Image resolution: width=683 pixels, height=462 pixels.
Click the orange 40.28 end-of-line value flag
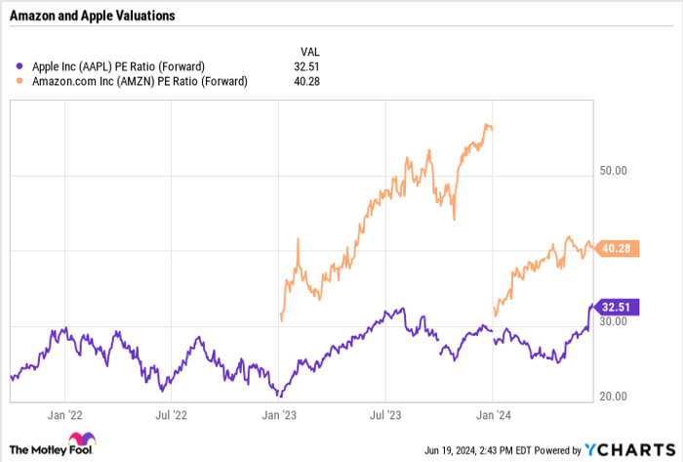click(619, 249)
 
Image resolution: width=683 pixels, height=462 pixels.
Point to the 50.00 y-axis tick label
click(616, 170)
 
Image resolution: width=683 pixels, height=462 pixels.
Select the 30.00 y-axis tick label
click(616, 321)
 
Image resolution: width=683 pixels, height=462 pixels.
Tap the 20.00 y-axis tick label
click(616, 397)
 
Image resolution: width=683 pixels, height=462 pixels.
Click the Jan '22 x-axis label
click(65, 414)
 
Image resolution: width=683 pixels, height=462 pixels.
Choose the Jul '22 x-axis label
click(171, 414)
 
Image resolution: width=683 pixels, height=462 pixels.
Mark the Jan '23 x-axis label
click(279, 414)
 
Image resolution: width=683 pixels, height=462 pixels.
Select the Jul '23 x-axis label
click(386, 414)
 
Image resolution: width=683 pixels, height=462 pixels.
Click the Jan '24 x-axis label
click(493, 414)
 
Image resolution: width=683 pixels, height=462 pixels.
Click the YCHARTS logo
click(627, 450)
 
